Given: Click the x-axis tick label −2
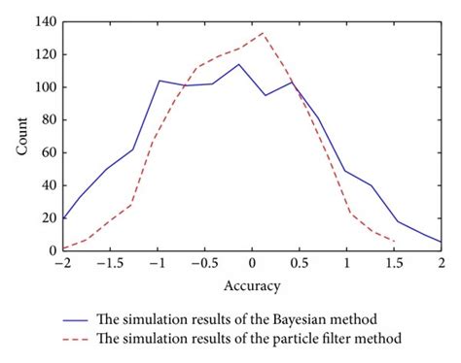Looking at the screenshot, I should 63,263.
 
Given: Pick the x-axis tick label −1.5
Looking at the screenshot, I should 109,263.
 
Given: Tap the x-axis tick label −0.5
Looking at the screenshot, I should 203,263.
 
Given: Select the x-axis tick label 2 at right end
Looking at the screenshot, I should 441,263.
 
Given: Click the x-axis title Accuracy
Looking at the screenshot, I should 252,285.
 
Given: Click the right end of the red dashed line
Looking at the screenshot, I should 394,242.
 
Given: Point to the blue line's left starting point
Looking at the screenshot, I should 64,219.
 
